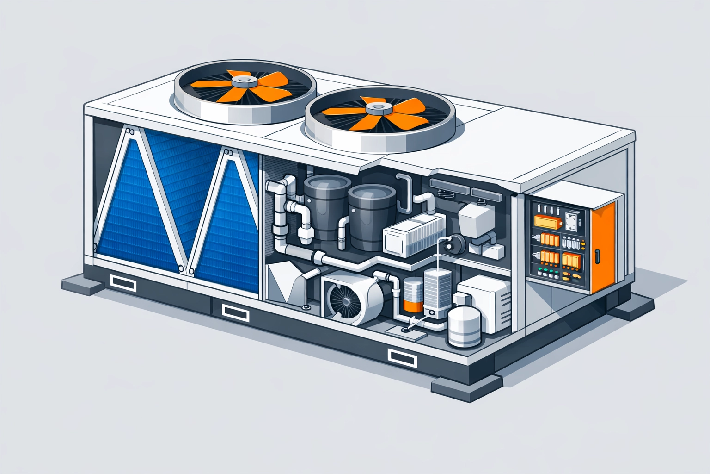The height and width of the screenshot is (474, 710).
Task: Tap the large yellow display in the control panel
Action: point(547,222)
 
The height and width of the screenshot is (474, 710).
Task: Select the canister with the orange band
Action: point(412,296)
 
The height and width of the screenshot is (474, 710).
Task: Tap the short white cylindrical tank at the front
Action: point(465,327)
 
